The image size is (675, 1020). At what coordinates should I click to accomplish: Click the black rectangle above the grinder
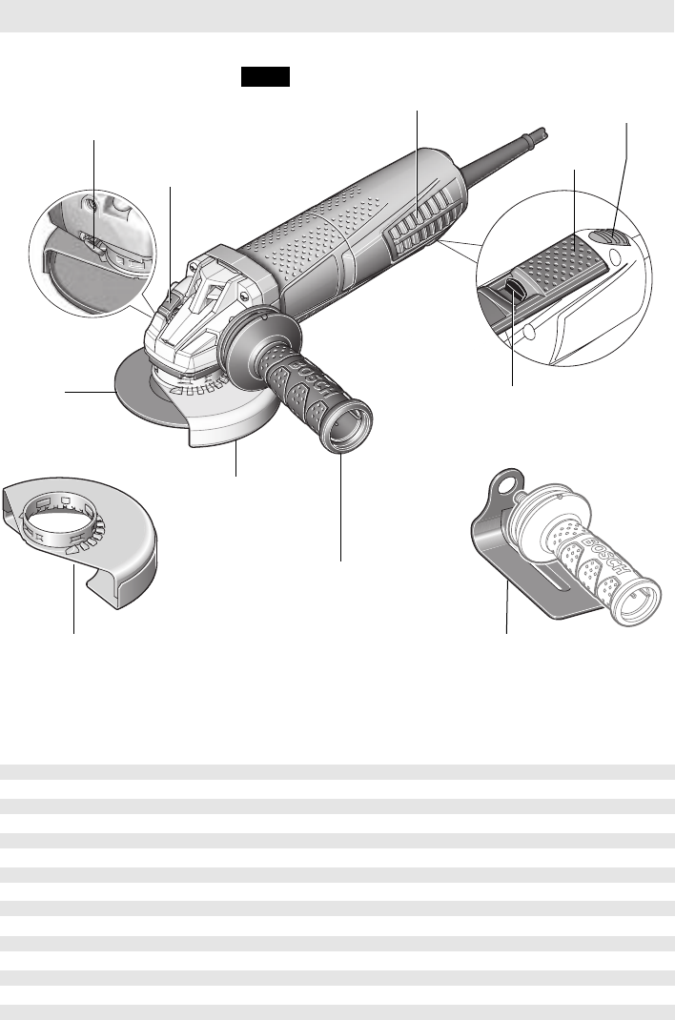point(265,76)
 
